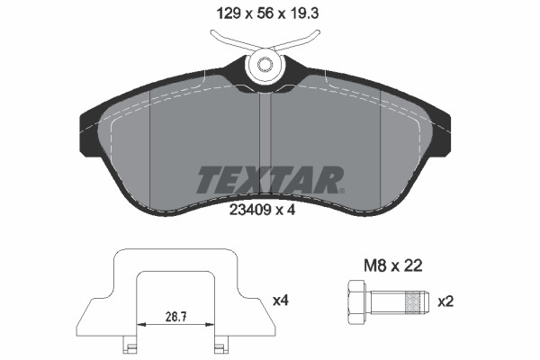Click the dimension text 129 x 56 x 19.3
click(x=265, y=13)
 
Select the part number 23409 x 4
click(x=267, y=210)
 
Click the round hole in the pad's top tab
click(x=265, y=65)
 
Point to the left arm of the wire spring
click(x=228, y=40)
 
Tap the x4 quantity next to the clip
click(x=280, y=298)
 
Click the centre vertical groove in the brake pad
click(x=265, y=135)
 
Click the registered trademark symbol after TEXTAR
click(x=340, y=190)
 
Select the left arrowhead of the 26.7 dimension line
click(x=139, y=325)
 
